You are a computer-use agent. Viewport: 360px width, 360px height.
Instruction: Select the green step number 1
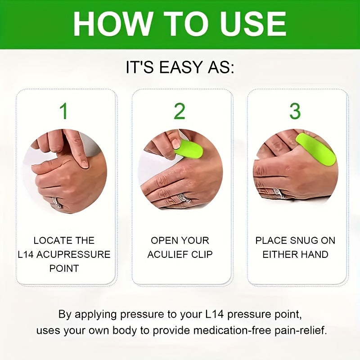pyautogui.click(x=64, y=111)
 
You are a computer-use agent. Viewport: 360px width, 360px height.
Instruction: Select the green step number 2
pyautogui.click(x=180, y=111)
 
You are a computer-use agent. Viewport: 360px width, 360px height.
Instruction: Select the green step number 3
pyautogui.click(x=295, y=111)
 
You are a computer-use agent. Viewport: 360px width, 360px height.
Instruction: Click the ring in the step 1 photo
pyautogui.click(x=57, y=201)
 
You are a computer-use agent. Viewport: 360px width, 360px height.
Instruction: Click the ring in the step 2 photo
pyautogui.click(x=183, y=198)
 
